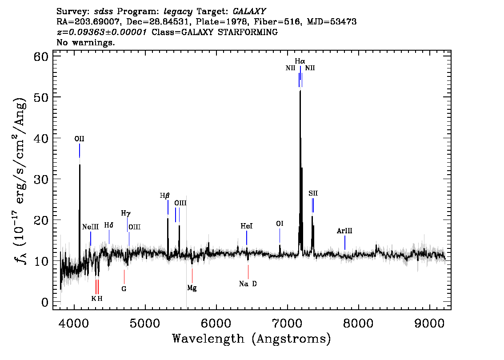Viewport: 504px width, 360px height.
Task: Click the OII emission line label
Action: (x=80, y=139)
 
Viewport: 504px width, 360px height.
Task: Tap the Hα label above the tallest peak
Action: (x=300, y=61)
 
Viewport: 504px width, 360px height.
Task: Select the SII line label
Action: (x=313, y=193)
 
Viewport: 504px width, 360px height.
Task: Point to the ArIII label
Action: (x=344, y=231)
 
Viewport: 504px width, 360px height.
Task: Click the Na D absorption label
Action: (x=248, y=284)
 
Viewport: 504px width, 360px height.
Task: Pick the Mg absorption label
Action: (x=192, y=288)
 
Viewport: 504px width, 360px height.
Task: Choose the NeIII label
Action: (x=90, y=227)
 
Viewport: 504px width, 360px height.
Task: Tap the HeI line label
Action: (x=247, y=226)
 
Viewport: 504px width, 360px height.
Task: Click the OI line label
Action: (x=280, y=224)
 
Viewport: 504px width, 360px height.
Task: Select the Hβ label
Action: (x=164, y=196)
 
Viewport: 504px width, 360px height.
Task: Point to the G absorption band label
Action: (x=124, y=289)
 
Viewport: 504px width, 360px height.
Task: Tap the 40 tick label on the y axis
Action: (x=41, y=138)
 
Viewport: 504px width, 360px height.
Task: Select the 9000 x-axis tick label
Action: (x=429, y=323)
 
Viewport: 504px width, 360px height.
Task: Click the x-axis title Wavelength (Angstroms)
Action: (x=252, y=339)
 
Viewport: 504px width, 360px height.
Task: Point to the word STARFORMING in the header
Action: (x=248, y=32)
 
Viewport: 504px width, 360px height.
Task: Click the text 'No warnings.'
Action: (x=85, y=42)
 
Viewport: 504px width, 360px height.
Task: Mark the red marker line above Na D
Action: (x=248, y=272)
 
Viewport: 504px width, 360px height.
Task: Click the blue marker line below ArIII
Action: (x=345, y=243)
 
